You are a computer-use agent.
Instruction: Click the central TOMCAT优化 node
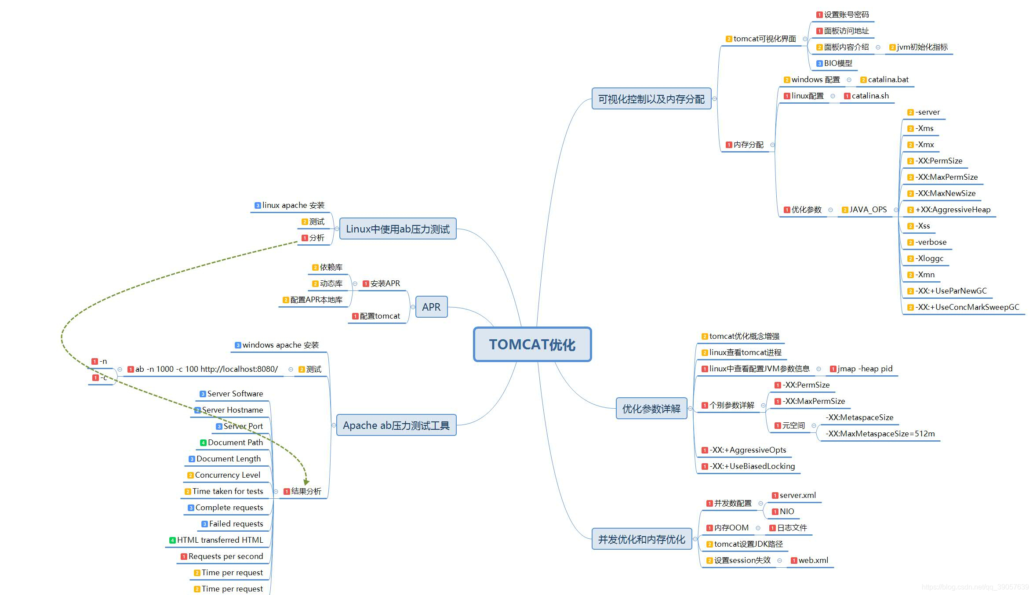pyautogui.click(x=532, y=345)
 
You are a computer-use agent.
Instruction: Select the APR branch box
pyautogui.click(x=431, y=307)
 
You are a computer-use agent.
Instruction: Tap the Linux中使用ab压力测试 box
pyautogui.click(x=397, y=229)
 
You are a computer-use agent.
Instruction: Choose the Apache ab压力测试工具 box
pyautogui.click(x=396, y=425)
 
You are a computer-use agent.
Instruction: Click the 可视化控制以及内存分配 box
pyautogui.click(x=651, y=99)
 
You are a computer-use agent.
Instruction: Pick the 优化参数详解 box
pyautogui.click(x=651, y=409)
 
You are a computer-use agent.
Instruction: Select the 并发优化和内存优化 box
pyautogui.click(x=641, y=539)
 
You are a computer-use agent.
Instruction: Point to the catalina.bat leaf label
pyautogui.click(x=888, y=80)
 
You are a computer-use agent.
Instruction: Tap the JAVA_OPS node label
pyautogui.click(x=868, y=210)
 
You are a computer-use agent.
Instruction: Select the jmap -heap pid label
pyautogui.click(x=865, y=369)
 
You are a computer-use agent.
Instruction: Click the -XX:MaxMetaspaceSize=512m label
pyautogui.click(x=880, y=434)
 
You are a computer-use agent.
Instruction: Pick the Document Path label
pyautogui.click(x=235, y=443)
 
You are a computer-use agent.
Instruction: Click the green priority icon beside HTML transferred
pyautogui.click(x=172, y=540)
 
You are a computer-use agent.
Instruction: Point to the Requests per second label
pyautogui.click(x=226, y=556)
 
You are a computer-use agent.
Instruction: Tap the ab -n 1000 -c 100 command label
pyautogui.click(x=206, y=369)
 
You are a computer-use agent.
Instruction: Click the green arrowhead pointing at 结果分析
pyautogui.click(x=306, y=482)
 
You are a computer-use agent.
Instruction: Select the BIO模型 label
pyautogui.click(x=838, y=63)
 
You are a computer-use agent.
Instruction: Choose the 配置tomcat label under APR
pyautogui.click(x=379, y=316)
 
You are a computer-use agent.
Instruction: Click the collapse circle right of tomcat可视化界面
pyautogui.click(x=805, y=39)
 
